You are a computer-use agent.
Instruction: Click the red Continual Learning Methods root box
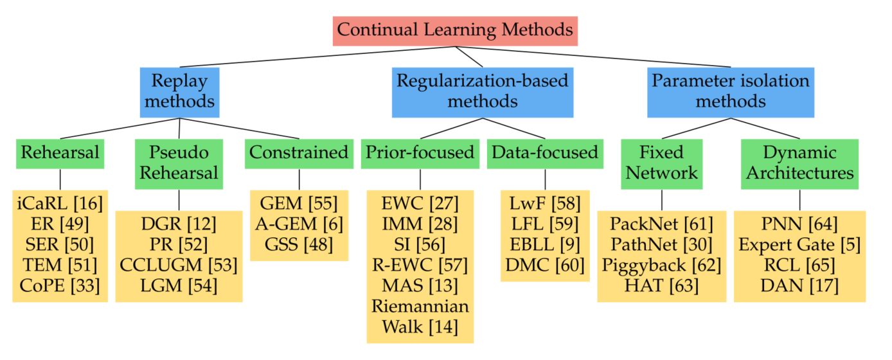pos(455,30)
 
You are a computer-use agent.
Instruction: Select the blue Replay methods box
pos(179,92)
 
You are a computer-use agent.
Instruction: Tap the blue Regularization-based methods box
pos(482,92)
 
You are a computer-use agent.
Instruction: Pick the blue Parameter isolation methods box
pos(730,92)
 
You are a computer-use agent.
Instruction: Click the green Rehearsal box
pos(60,153)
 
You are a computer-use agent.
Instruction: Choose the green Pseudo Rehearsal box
pos(179,163)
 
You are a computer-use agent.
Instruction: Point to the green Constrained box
pos(299,153)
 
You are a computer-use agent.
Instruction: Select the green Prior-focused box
pos(420,153)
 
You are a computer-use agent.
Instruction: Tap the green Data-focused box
pos(545,153)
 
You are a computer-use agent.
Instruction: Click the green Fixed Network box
pos(662,163)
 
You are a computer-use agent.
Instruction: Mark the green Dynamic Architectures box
pos(799,163)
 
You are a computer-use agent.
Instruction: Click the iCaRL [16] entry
pos(60,204)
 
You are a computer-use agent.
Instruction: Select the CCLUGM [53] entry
pos(179,265)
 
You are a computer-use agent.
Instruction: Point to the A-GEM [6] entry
pos(299,224)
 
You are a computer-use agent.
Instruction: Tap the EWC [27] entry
pos(420,204)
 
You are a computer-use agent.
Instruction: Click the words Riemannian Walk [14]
pos(420,316)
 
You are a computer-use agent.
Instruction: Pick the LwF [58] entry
pos(545,204)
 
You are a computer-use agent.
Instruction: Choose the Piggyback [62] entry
pos(662,265)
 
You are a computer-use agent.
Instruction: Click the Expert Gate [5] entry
pos(799,245)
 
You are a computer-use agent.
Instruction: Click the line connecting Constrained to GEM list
pos(299,179)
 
